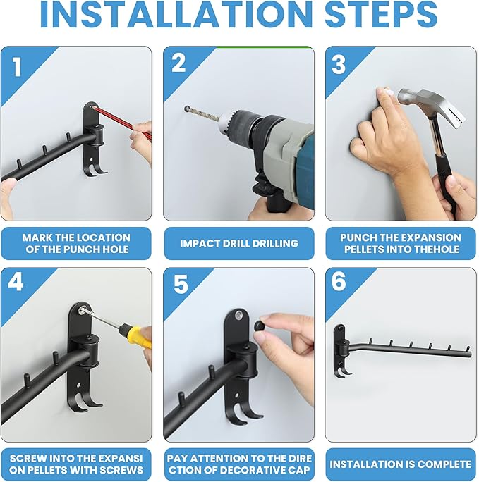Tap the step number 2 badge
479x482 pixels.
pos(178,63)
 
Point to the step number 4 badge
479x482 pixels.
pos(16,282)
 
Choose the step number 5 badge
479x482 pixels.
pos(181,285)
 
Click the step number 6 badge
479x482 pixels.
pos(339,281)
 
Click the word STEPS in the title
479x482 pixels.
pos(381,14)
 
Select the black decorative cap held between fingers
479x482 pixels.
pos(261,326)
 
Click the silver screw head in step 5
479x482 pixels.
pos(238,315)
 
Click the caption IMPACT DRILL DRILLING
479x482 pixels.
pos(239,243)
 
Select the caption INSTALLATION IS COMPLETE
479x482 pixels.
pos(400,464)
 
